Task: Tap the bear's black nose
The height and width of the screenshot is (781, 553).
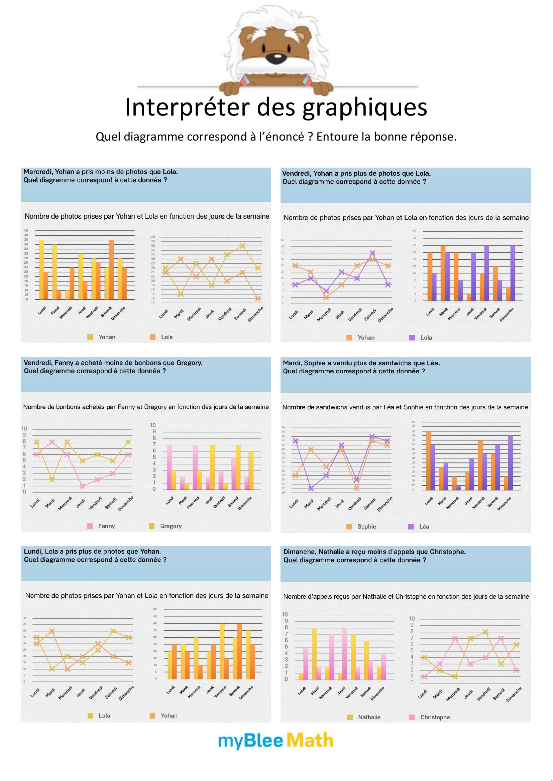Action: pyautogui.click(x=273, y=58)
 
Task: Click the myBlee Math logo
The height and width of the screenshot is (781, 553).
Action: pyautogui.click(x=275, y=741)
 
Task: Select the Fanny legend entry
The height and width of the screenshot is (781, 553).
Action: pyautogui.click(x=102, y=526)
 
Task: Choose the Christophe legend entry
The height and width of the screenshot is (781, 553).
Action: pyautogui.click(x=430, y=717)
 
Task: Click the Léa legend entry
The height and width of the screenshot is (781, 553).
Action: pyautogui.click(x=419, y=526)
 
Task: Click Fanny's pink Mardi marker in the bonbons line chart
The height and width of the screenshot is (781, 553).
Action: pyautogui.click(x=52, y=442)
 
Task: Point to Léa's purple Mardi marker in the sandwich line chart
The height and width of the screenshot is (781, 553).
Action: pyautogui.click(x=310, y=489)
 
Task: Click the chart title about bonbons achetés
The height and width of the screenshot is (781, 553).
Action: pyautogui.click(x=146, y=407)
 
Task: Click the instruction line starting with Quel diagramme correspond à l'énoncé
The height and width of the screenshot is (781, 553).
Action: pyautogui.click(x=276, y=137)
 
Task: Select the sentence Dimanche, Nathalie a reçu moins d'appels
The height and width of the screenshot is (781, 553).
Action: pyautogui.click(x=374, y=552)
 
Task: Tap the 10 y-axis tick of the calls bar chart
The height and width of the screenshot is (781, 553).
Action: pyautogui.click(x=285, y=614)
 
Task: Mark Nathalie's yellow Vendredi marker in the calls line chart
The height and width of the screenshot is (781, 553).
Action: pyautogui.click(x=486, y=632)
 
